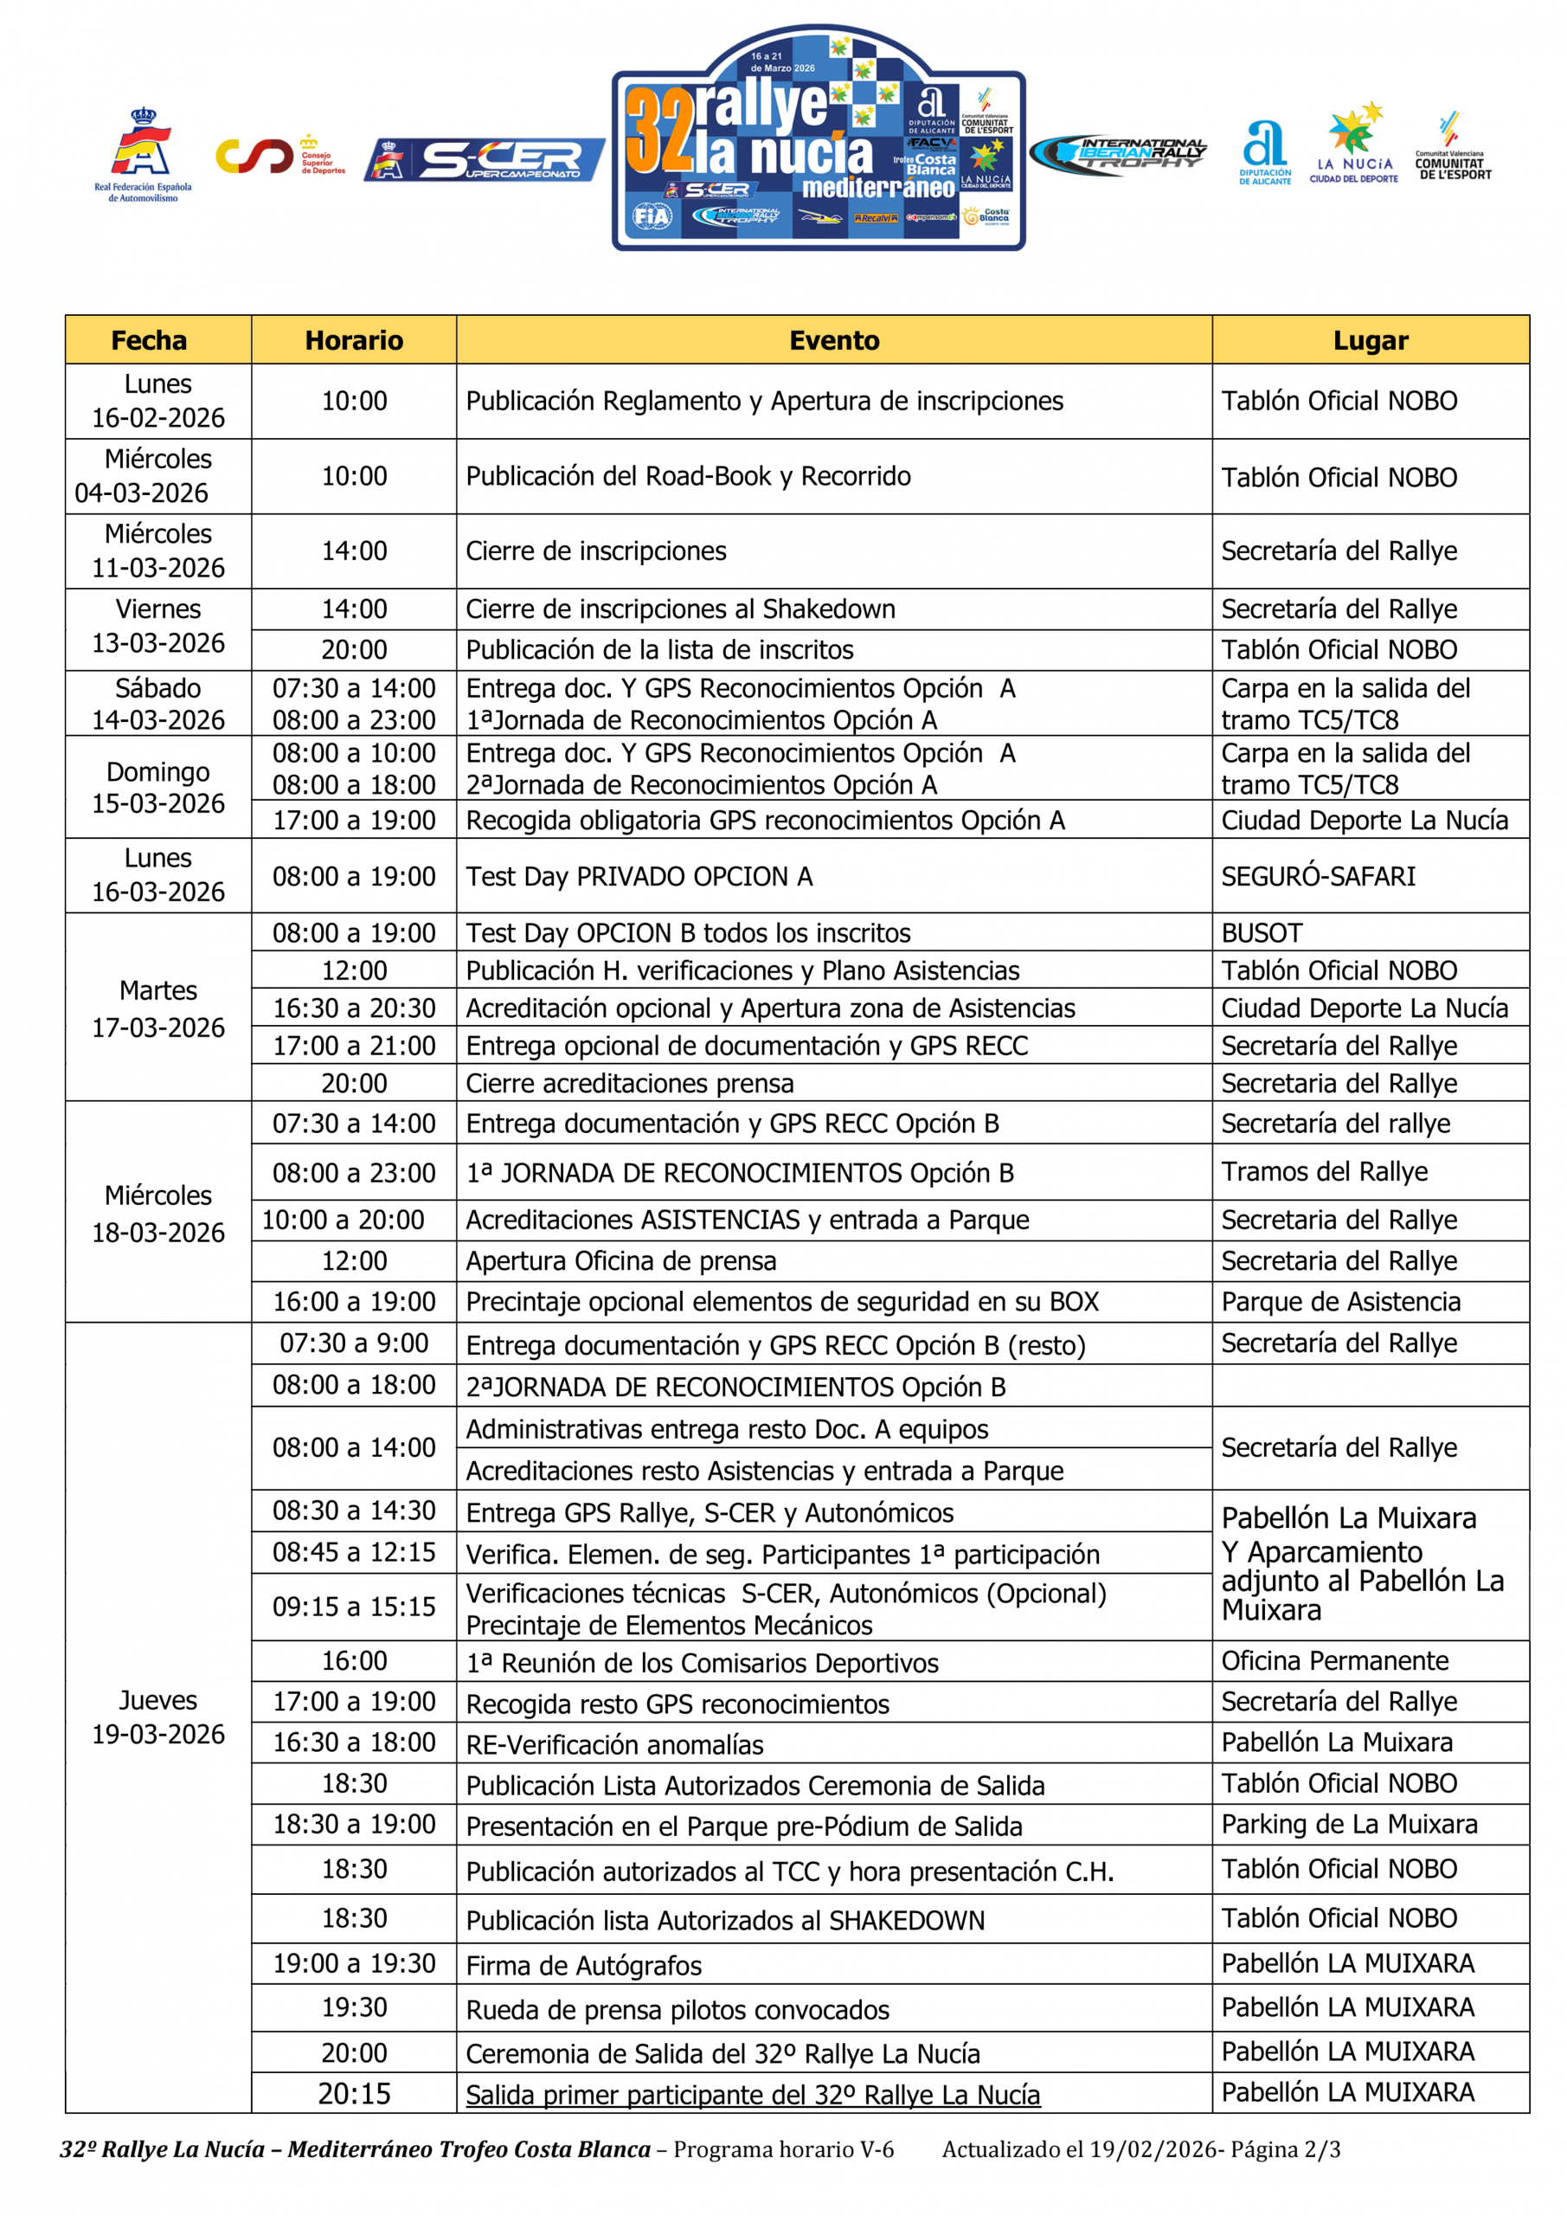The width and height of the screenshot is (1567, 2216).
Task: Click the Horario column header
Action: (x=353, y=341)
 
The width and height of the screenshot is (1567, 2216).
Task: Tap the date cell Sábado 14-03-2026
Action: (x=158, y=704)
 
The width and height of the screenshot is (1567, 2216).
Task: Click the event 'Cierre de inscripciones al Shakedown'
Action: (x=680, y=609)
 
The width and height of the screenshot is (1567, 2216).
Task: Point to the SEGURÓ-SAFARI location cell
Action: (x=1318, y=876)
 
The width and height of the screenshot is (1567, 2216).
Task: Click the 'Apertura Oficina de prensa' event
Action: (x=620, y=1261)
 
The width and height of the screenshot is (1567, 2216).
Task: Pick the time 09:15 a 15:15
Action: (x=353, y=1607)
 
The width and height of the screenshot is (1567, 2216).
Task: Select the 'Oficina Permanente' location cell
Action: (x=1334, y=1661)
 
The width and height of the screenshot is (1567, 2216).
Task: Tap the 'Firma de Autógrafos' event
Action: (x=584, y=1966)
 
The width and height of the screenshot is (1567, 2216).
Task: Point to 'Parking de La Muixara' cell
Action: (x=1348, y=1825)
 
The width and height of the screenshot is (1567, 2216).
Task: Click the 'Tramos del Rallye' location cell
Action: (x=1324, y=1172)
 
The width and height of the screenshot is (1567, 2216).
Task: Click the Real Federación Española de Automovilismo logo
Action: (x=143, y=154)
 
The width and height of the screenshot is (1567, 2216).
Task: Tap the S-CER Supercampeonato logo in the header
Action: (x=485, y=159)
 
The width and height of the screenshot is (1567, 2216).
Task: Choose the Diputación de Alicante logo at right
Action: (x=1264, y=152)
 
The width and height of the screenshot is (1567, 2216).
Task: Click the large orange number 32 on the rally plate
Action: (x=660, y=131)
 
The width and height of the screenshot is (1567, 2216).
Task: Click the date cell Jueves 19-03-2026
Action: (x=158, y=1718)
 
